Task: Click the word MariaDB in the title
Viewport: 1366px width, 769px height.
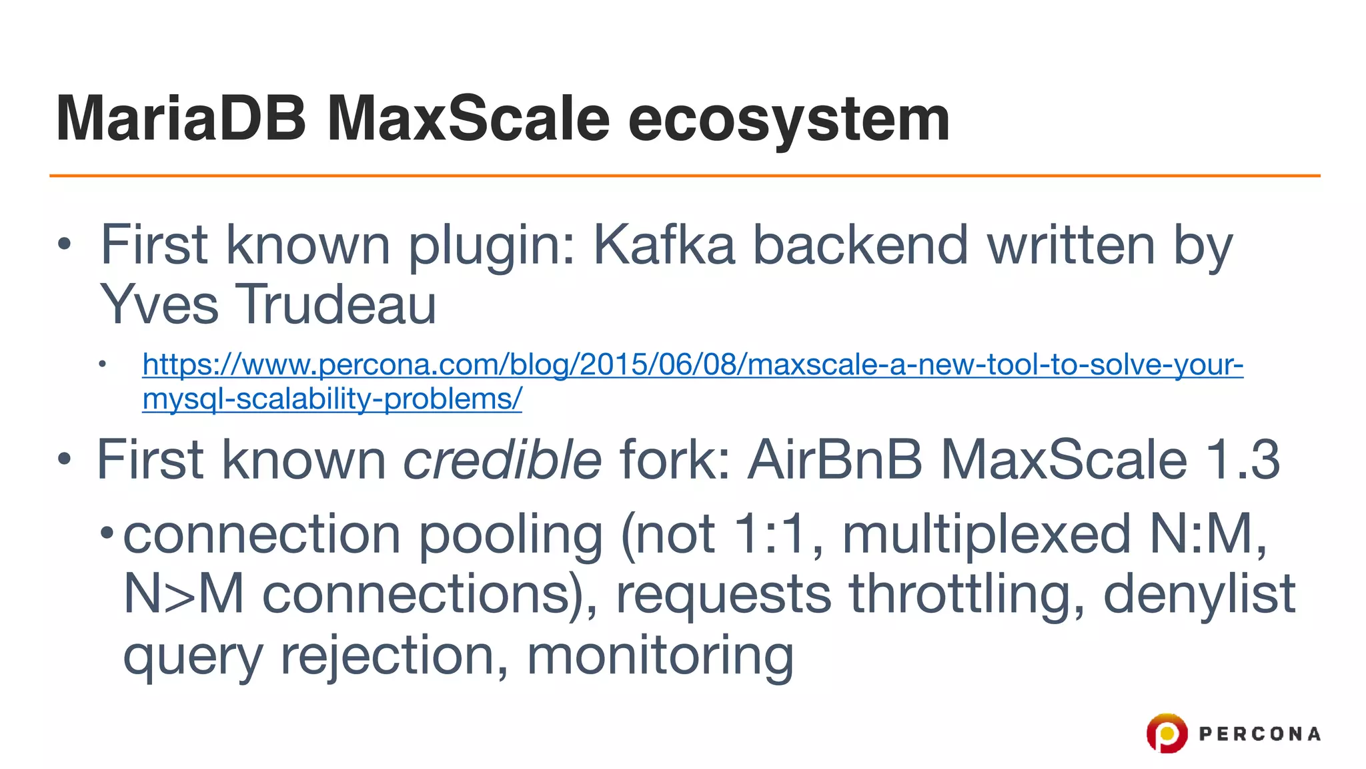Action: click(181, 119)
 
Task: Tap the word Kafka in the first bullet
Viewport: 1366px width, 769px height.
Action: click(664, 245)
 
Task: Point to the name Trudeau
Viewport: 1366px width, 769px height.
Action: click(337, 304)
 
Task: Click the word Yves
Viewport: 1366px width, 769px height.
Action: click(159, 304)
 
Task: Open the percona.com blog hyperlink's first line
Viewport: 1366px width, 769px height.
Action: click(692, 364)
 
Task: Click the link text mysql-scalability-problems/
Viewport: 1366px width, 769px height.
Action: click(332, 399)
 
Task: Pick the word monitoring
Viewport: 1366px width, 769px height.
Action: click(660, 656)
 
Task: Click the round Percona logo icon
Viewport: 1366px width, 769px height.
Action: click(1167, 733)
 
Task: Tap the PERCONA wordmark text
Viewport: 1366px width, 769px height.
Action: click(1259, 734)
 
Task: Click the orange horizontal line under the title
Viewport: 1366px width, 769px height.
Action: click(684, 176)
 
